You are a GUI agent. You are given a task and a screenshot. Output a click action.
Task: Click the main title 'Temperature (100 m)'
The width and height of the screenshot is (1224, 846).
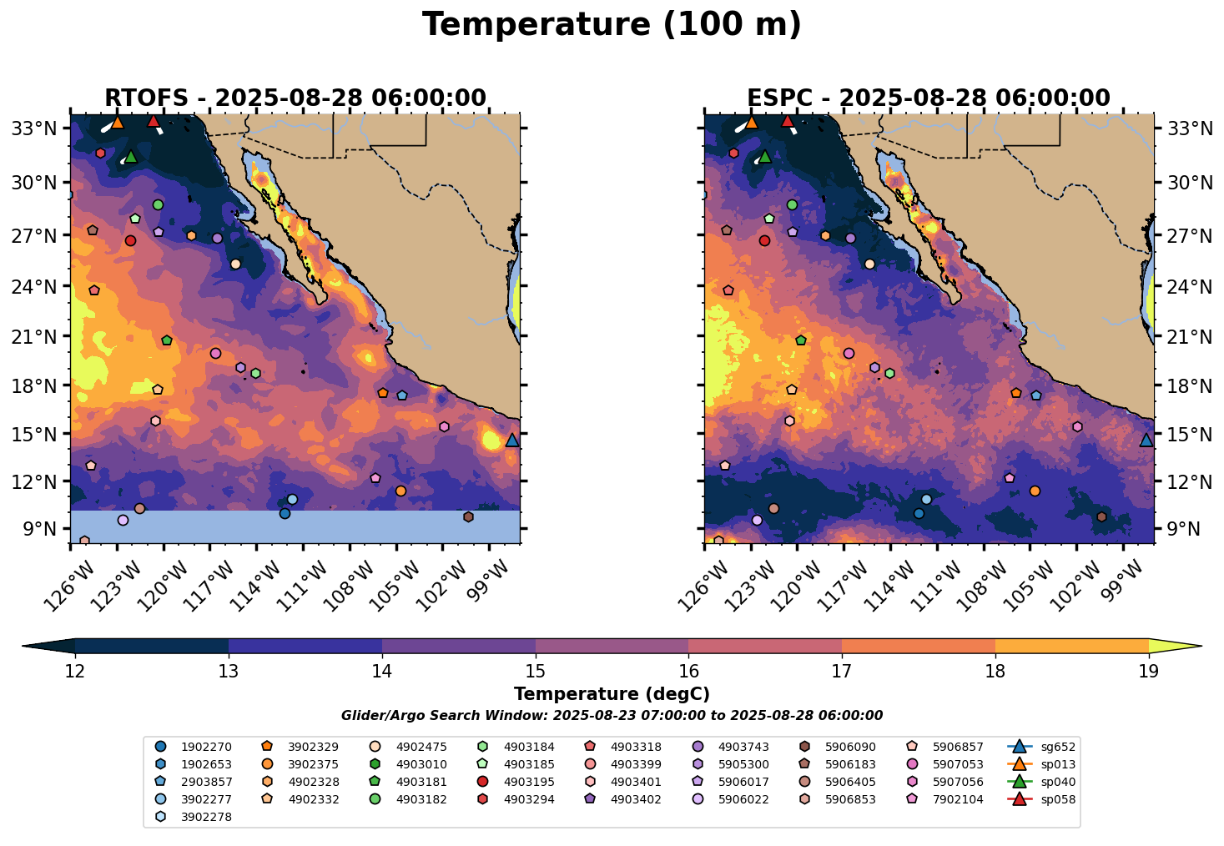click(612, 25)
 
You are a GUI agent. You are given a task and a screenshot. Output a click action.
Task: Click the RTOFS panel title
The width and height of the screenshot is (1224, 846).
click(295, 98)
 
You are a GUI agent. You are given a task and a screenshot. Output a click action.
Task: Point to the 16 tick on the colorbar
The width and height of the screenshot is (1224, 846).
click(688, 672)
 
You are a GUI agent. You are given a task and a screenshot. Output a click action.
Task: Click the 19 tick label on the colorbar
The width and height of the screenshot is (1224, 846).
click(1149, 672)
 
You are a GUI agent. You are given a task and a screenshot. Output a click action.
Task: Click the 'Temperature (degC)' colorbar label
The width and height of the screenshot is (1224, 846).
click(612, 694)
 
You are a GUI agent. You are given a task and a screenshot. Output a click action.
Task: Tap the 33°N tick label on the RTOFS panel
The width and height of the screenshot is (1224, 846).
click(39, 128)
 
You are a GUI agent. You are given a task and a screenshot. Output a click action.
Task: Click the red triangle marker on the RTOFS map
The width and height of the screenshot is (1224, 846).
click(154, 122)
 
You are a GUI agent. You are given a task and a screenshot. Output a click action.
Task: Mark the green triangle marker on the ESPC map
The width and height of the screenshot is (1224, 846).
click(765, 157)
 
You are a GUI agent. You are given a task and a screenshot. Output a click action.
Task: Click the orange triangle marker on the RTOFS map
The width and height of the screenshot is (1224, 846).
click(118, 123)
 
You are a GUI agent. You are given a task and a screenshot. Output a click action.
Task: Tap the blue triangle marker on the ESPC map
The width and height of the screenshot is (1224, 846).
click(1146, 441)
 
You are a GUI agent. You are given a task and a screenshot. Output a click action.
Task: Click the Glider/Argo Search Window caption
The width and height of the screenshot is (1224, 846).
click(612, 716)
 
